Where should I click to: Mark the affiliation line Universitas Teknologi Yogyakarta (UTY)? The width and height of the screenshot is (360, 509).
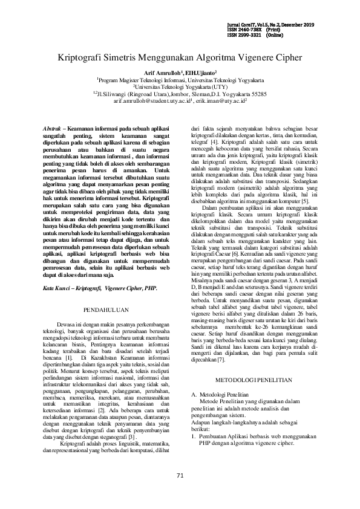(182, 86)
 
